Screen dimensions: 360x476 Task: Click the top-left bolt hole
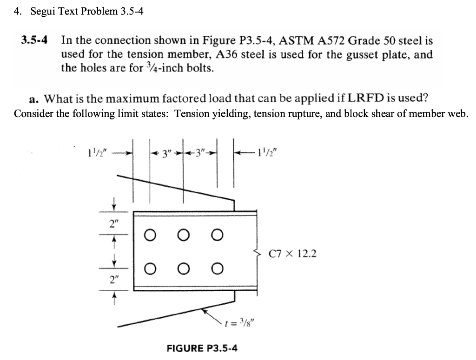click(x=149, y=236)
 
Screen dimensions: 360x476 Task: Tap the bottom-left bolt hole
click(x=149, y=268)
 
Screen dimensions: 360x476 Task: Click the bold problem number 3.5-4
click(x=35, y=40)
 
